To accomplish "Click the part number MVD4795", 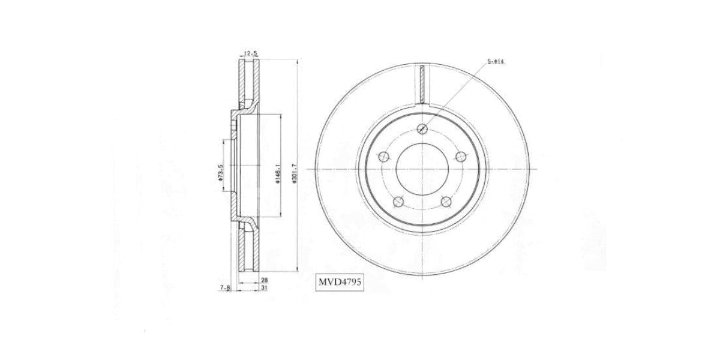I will point(339,281).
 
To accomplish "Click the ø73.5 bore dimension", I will point(221,172).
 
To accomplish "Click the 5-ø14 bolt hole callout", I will point(496,62).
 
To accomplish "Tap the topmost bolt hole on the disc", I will point(423,128).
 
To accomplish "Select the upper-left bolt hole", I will point(384,157).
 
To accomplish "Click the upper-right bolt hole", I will point(461,157).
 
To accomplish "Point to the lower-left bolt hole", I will point(399,202).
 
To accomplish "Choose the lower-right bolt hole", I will point(446,202).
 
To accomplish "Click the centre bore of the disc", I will point(423,169).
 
